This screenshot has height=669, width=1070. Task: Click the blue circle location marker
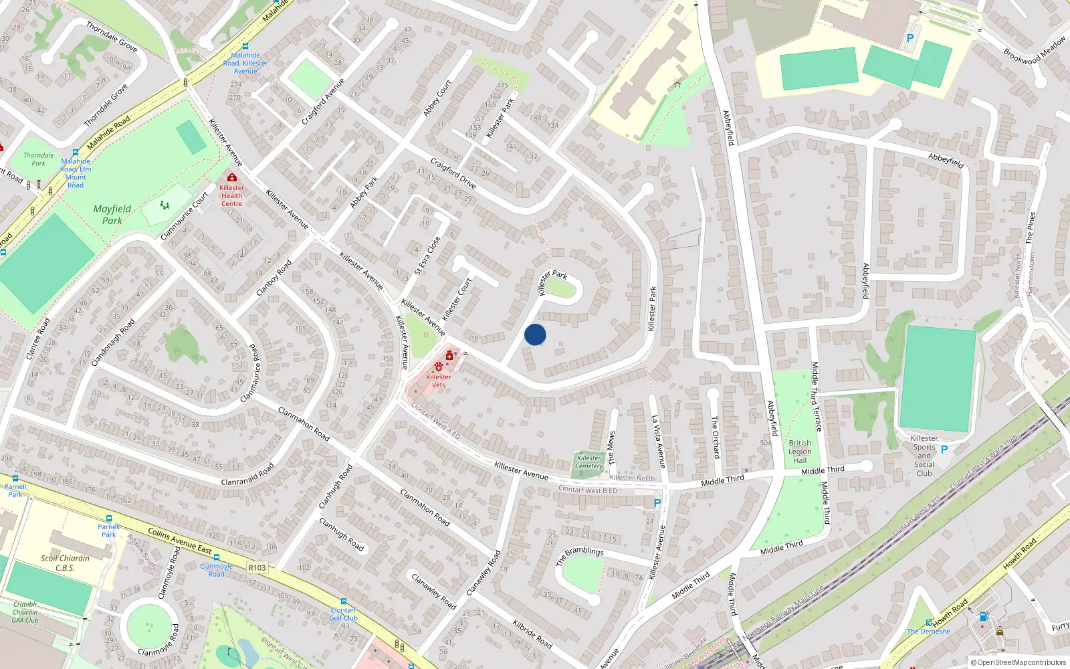coord(535,334)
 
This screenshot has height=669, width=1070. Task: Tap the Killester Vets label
coord(439,381)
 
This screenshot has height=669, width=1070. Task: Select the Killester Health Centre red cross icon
coord(232,177)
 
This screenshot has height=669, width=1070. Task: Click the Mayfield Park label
coord(112,214)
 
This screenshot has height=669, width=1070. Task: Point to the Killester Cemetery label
coord(588,462)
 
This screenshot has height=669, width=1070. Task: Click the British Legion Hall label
coord(800,452)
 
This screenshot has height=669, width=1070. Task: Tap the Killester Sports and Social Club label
coord(924,456)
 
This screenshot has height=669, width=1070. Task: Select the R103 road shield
coord(257,568)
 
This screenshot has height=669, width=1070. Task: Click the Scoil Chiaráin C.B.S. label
coord(65,563)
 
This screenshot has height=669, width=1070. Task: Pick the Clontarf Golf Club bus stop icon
coord(344,601)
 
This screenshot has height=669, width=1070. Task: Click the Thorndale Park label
coord(39,159)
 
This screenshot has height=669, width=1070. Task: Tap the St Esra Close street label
coord(427,256)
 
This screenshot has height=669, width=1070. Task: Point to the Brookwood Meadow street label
coord(1035,51)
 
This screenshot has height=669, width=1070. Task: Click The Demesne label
coord(928,631)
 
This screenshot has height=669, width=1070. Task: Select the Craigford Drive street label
coord(453,173)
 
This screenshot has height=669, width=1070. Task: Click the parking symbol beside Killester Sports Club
coord(944,450)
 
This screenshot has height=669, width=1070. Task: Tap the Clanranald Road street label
coord(247,474)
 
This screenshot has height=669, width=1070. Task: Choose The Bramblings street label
coord(580,556)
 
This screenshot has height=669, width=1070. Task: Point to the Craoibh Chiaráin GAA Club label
coord(25,612)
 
